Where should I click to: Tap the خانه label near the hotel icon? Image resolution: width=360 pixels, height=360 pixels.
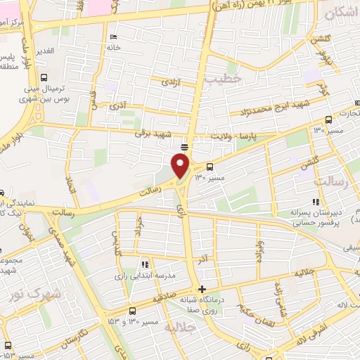coord(124,47)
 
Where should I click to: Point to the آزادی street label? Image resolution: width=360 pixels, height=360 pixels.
coord(172,82)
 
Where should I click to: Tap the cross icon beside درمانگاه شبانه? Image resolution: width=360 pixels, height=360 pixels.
coord(202,289)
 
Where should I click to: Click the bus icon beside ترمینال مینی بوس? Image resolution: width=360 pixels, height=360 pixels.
coord(44,78)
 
